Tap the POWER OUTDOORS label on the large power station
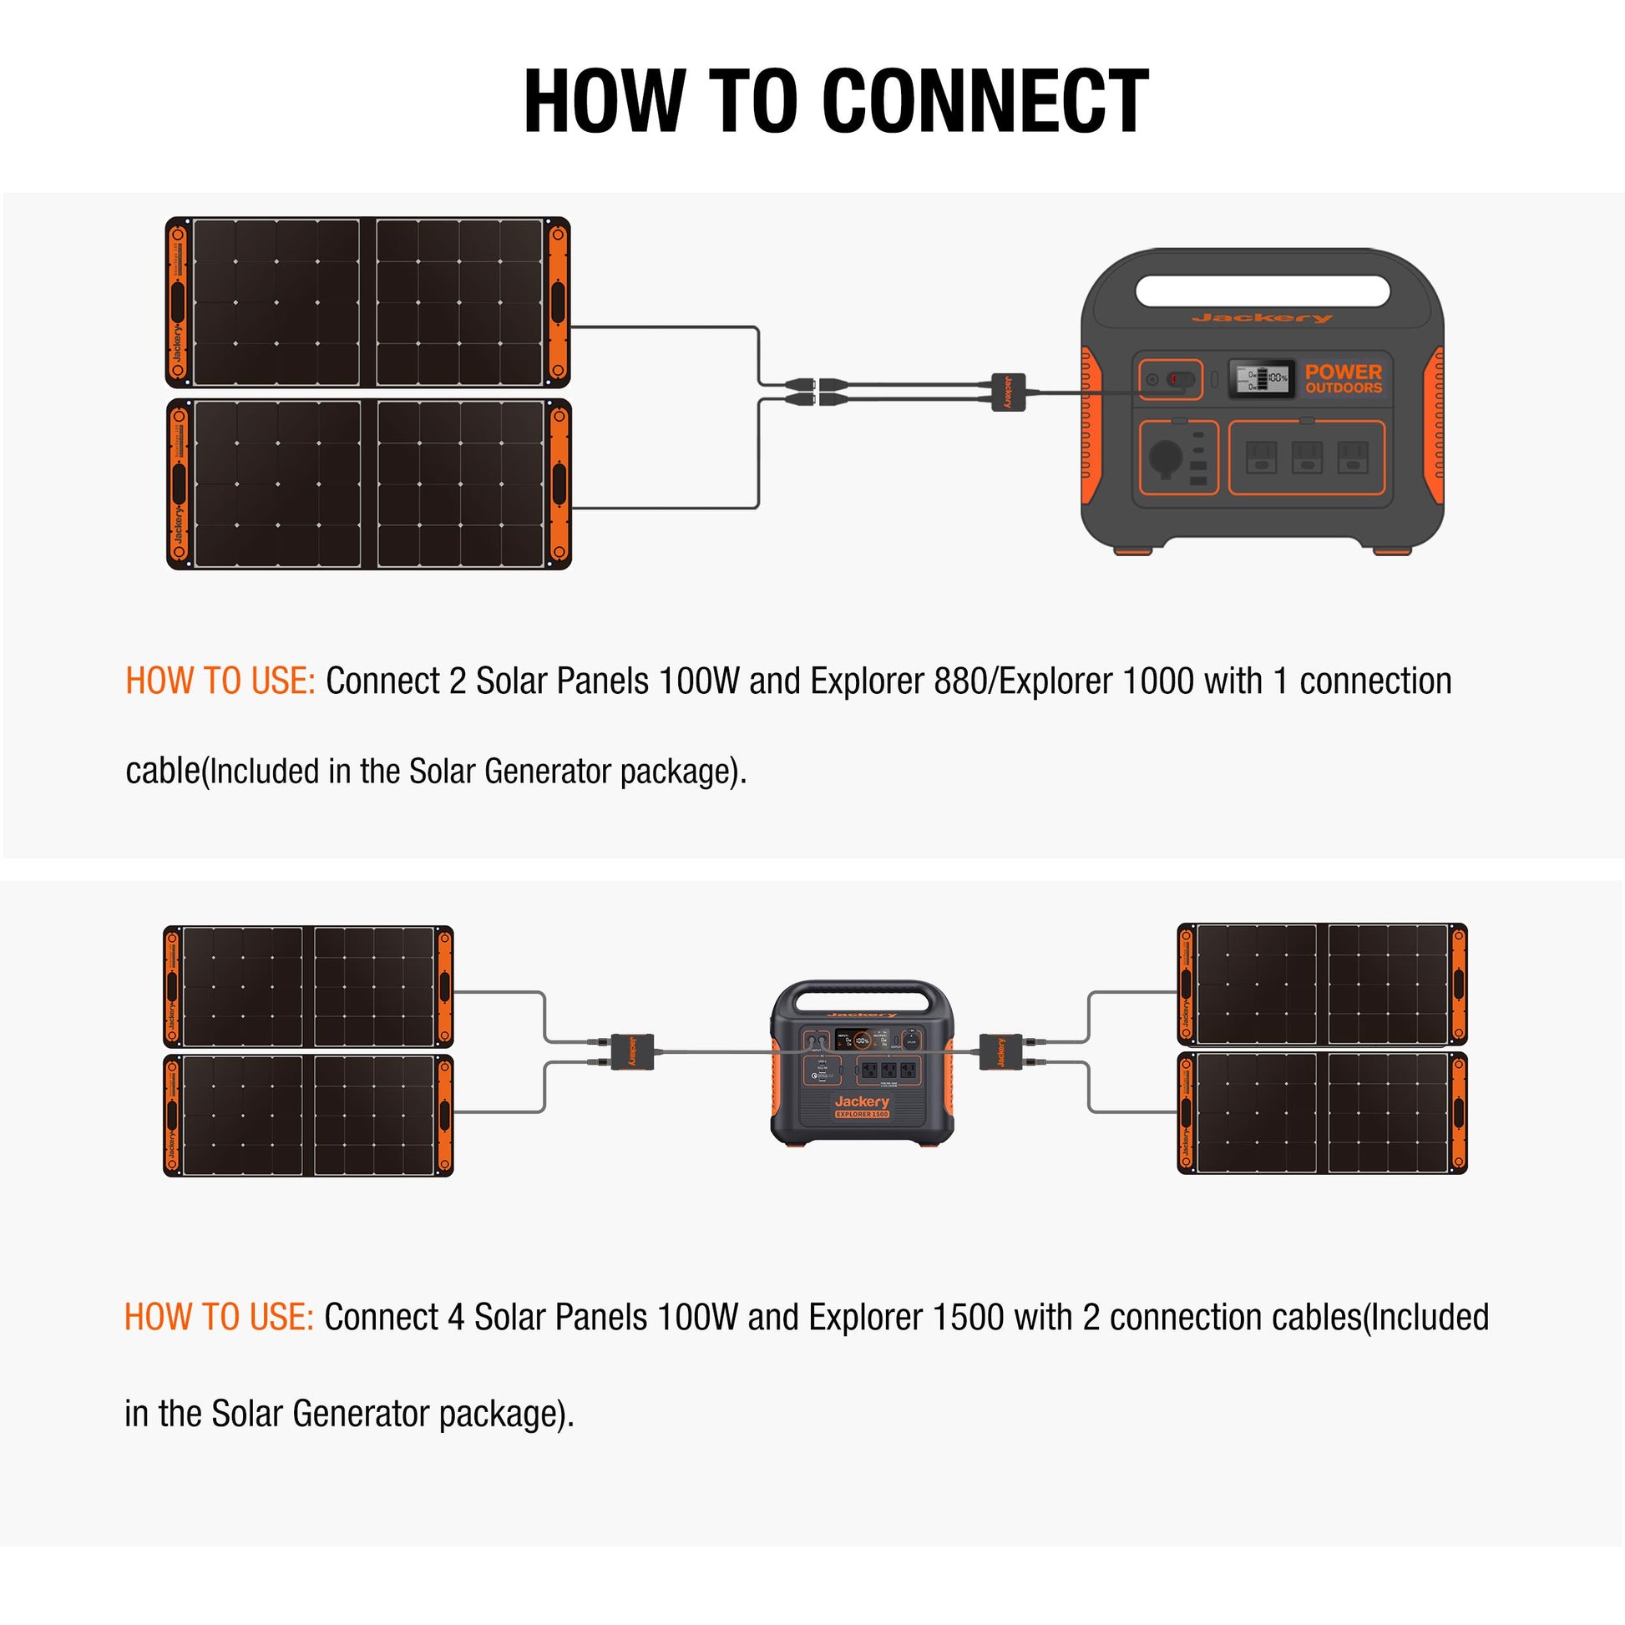pyautogui.click(x=1344, y=378)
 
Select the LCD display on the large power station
pyautogui.click(x=1262, y=378)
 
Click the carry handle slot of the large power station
pyautogui.click(x=1262, y=291)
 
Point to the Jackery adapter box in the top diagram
pyautogui.click(x=1009, y=392)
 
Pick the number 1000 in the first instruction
pyautogui.click(x=1157, y=681)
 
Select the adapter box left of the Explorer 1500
pyautogui.click(x=632, y=1051)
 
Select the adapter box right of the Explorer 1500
pyautogui.click(x=1001, y=1052)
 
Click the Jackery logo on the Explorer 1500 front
pyautogui.click(x=862, y=1101)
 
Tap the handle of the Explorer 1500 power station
pyautogui.click(x=862, y=992)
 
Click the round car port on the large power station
pyautogui.click(x=1166, y=458)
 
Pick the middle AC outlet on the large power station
pyautogui.click(x=1306, y=458)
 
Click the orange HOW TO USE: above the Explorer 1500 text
pyautogui.click(x=219, y=1317)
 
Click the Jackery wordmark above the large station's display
pyautogui.click(x=1262, y=318)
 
